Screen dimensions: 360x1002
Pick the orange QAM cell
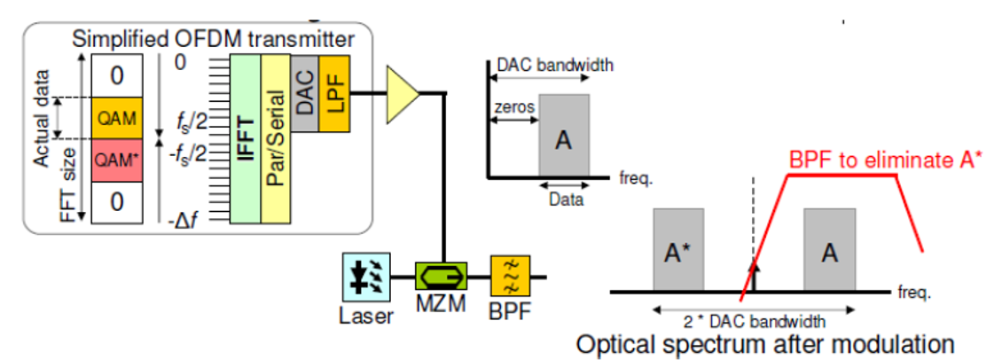(116, 118)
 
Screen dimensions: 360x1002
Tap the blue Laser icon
(366, 276)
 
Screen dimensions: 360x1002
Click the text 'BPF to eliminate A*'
(887, 161)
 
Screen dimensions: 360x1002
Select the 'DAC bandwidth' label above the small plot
(555, 65)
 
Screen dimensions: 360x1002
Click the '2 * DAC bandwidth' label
(754, 321)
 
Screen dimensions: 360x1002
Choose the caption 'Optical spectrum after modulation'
(765, 343)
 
